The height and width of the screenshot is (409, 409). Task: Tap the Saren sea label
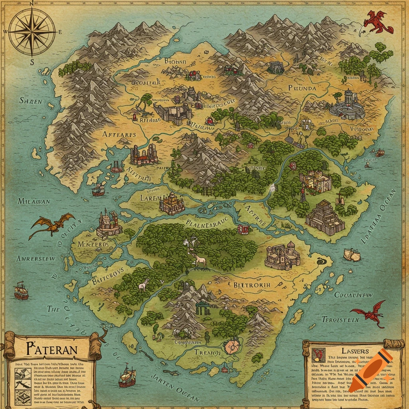coord(30,101)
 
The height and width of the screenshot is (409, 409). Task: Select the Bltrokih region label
coord(252,285)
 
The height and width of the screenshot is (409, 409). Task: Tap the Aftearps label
coord(119,135)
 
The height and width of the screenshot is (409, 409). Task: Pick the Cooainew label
coord(353,295)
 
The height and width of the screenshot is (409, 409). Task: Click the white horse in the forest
coord(200,261)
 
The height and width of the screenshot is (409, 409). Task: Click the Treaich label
coord(207,353)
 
